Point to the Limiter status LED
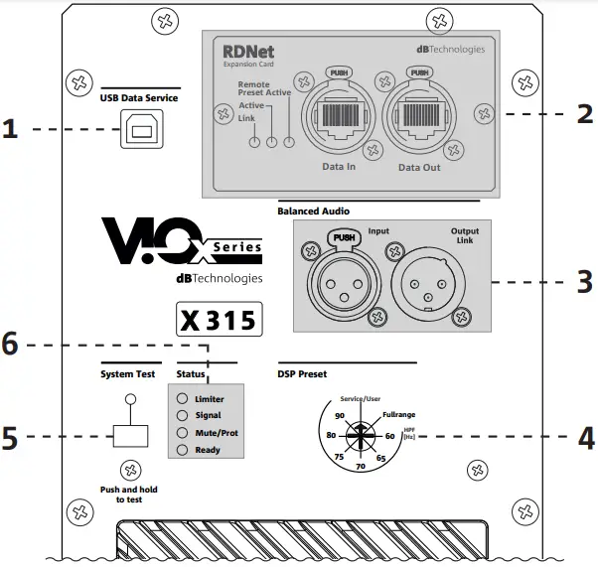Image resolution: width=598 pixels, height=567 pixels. (182, 398)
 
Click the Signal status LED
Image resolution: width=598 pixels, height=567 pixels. (182, 415)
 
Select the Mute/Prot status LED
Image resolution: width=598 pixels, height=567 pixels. (182, 433)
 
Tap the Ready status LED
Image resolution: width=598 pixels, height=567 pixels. (182, 450)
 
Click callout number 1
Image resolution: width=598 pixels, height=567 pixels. (11, 129)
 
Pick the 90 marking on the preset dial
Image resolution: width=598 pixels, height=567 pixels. (340, 414)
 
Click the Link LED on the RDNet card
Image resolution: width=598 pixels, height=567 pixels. (254, 142)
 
